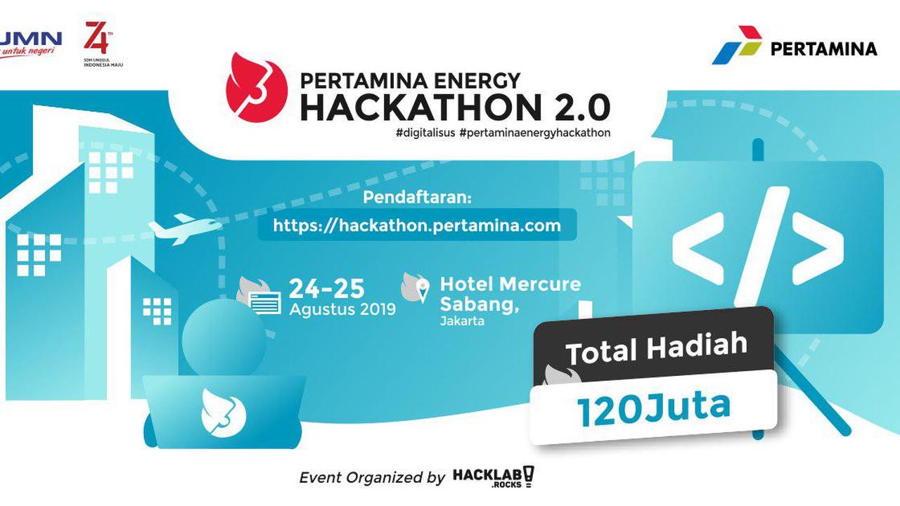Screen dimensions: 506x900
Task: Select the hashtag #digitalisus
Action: click(x=425, y=132)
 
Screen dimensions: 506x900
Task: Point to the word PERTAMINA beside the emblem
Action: click(x=823, y=48)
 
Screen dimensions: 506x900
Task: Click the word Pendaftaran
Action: click(x=416, y=197)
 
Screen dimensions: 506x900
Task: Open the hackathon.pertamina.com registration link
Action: click(x=417, y=225)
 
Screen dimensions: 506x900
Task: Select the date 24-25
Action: click(x=327, y=288)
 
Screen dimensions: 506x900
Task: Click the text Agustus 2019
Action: click(x=342, y=309)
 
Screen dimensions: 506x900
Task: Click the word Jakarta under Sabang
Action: click(x=463, y=322)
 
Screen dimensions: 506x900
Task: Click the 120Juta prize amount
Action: click(x=653, y=408)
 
